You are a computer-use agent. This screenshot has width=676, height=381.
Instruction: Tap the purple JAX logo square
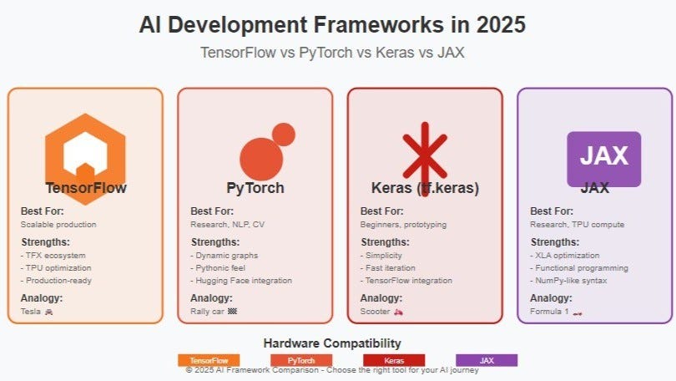coord(603,156)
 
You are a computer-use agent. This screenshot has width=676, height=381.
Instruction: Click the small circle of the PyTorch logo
coord(283,135)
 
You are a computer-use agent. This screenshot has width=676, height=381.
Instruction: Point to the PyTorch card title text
coord(255,188)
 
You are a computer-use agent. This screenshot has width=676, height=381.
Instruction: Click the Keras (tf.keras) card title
coord(425,188)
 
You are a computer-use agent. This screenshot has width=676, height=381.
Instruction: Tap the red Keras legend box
coord(394,360)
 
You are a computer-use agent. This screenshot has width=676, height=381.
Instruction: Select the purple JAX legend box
coord(487,360)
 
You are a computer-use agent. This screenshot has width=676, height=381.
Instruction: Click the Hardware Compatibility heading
coord(332,343)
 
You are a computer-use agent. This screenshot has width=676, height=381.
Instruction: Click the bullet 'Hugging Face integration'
coord(243,281)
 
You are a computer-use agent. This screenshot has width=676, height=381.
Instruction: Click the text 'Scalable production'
coord(58,224)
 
